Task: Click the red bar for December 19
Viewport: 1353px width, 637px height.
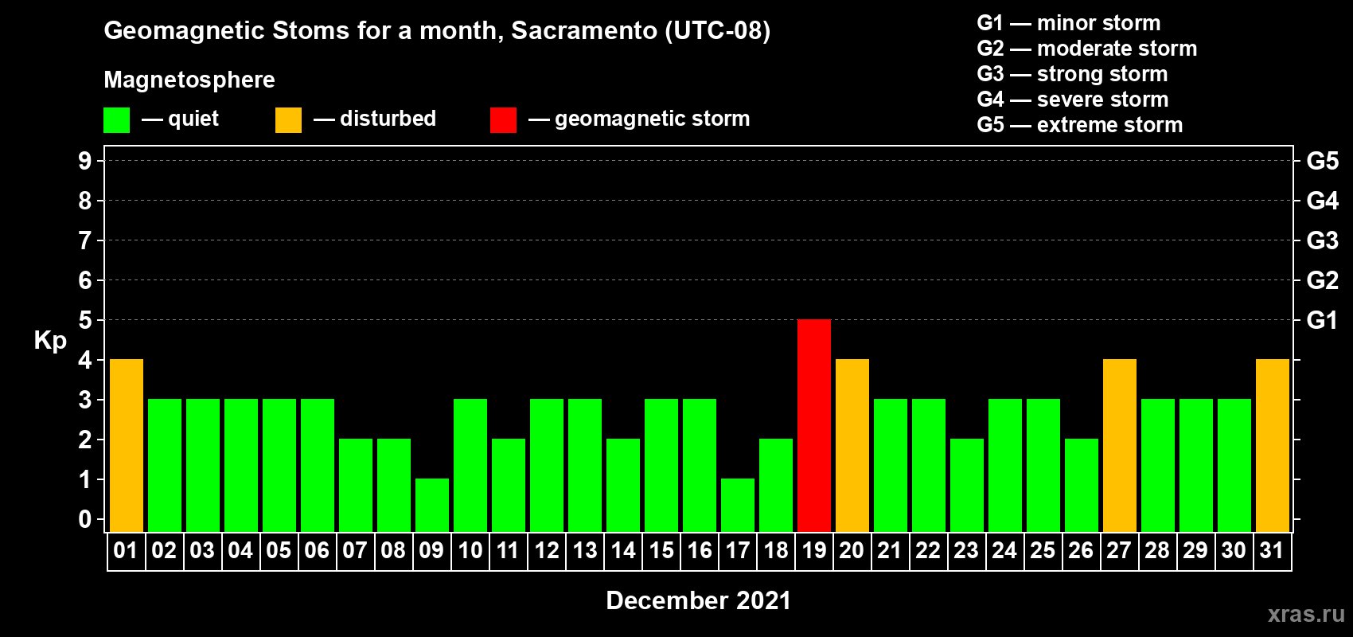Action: pos(813,425)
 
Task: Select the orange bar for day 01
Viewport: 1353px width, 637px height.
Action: pos(127,445)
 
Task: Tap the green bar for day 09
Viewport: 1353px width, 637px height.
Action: pos(432,506)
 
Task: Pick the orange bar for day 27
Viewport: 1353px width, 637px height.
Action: pos(1119,445)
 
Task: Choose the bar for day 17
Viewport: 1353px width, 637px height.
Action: pos(738,506)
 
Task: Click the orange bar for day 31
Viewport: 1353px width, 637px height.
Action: pos(1272,445)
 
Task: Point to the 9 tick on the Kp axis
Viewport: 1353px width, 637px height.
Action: pos(84,161)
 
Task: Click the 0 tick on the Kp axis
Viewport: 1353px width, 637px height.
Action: pos(84,519)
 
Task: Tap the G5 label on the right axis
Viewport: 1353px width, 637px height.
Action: pos(1322,161)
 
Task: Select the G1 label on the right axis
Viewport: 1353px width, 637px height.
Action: pos(1322,320)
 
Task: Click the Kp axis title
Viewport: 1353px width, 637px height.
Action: pos(49,341)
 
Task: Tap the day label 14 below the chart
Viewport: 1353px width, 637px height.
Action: pos(622,550)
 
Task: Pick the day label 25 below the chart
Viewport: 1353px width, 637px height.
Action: pos(1043,550)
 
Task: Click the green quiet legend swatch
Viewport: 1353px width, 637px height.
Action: pos(116,119)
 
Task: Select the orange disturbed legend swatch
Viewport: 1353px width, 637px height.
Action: pos(288,119)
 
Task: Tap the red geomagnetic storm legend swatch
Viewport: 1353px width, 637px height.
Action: pos(503,119)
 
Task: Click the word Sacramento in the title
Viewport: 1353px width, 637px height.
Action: pos(584,30)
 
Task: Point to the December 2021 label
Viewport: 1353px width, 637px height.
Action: pos(698,600)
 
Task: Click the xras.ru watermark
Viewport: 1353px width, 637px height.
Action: pos(1306,614)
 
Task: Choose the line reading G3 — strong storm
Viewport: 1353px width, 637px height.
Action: pos(1072,74)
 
